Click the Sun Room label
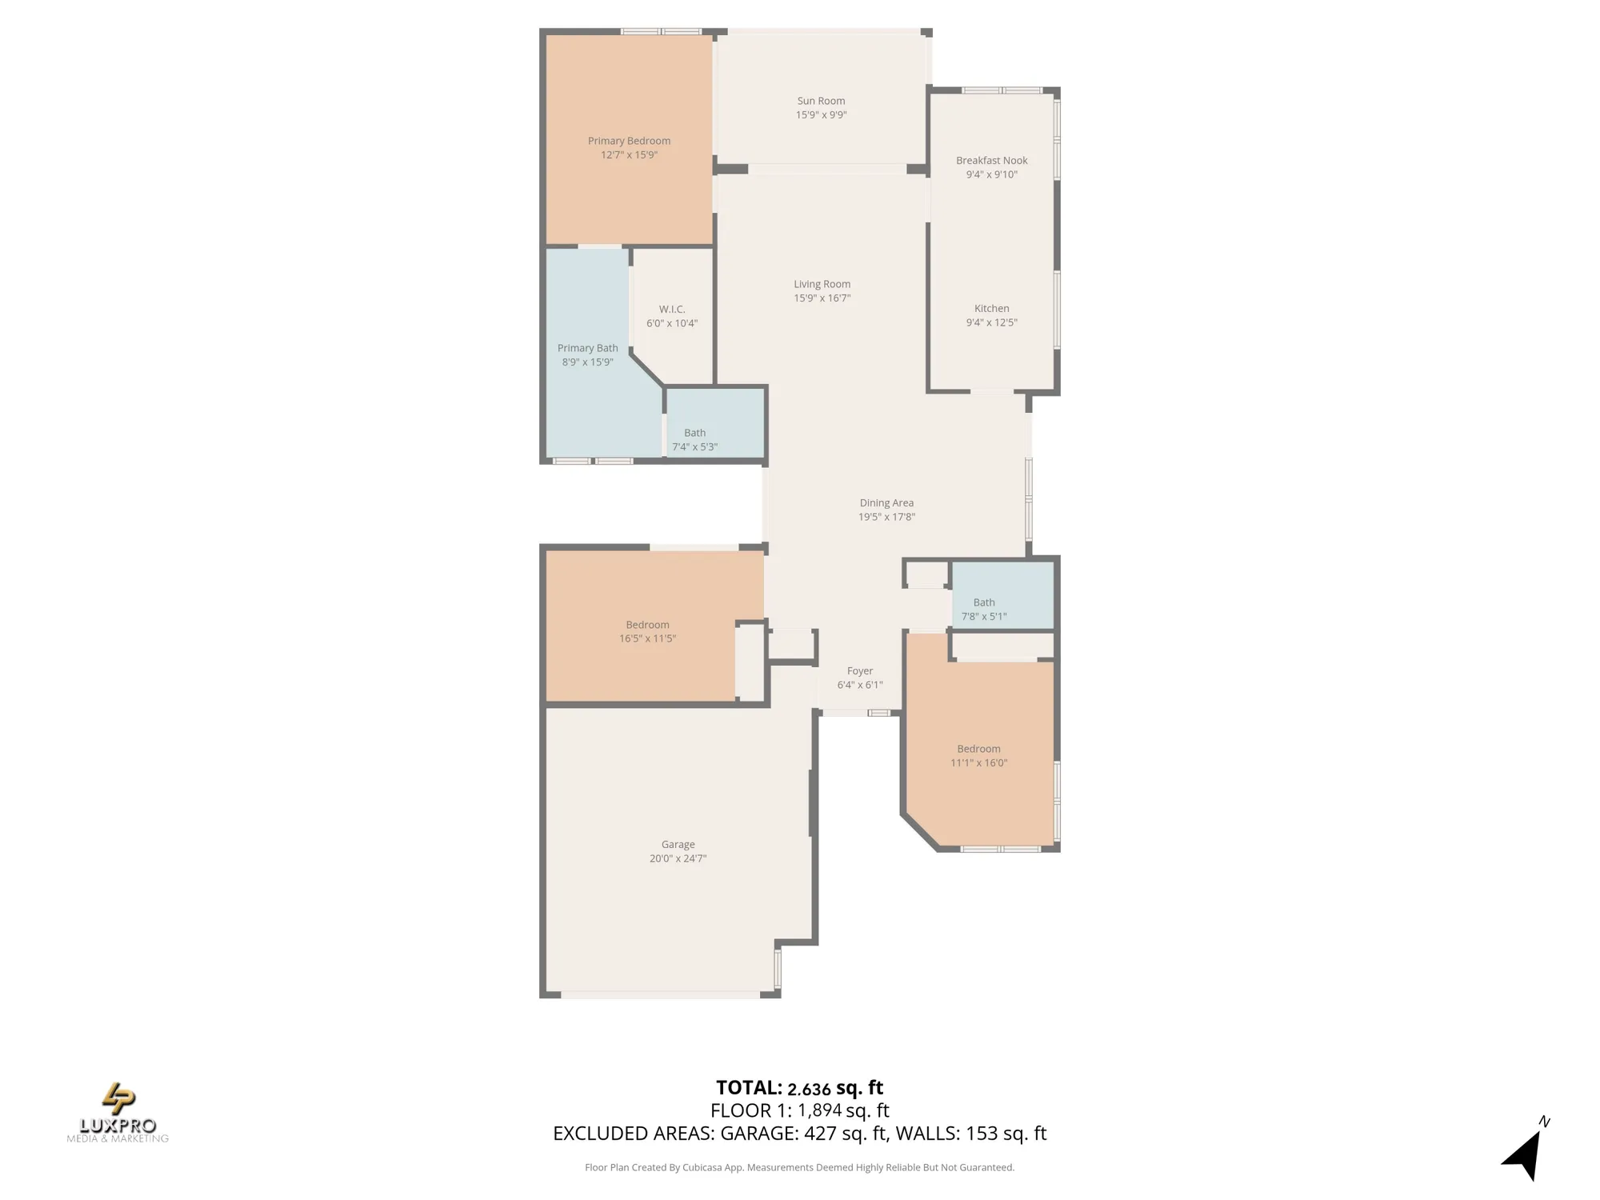point(821,101)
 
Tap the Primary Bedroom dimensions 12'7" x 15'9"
point(629,155)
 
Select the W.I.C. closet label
point(672,310)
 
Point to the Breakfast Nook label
point(991,161)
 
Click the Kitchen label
point(991,309)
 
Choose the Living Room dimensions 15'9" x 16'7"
point(822,298)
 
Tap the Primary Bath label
point(587,348)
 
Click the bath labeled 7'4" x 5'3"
point(694,440)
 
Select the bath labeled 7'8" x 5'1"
point(984,610)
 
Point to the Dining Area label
point(886,503)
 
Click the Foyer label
point(860,671)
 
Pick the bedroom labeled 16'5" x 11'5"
point(647,631)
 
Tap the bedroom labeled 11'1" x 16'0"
point(978,756)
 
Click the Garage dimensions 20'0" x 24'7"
point(678,858)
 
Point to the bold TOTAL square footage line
point(799,1088)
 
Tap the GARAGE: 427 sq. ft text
point(803,1134)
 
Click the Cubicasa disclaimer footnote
point(799,1168)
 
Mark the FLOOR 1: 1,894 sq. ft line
point(799,1110)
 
